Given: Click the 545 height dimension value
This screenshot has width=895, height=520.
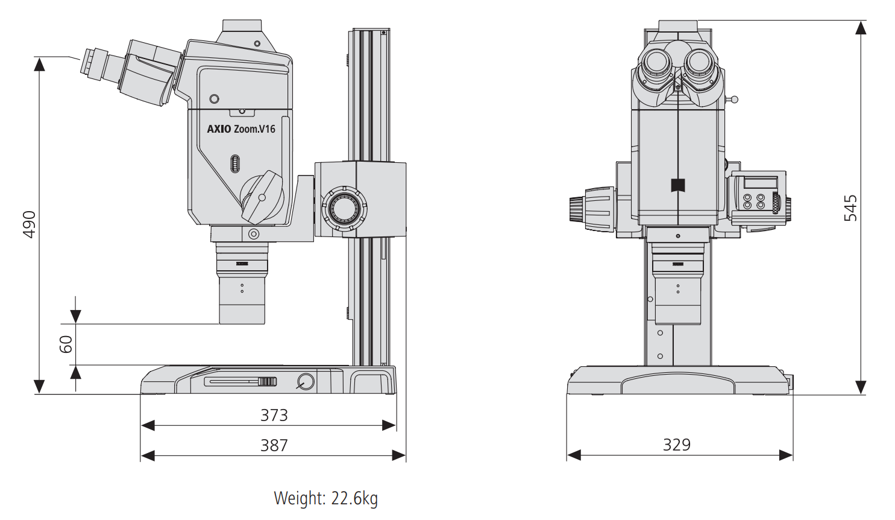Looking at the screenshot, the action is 850,208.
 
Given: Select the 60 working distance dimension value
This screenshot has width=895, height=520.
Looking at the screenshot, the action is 66,344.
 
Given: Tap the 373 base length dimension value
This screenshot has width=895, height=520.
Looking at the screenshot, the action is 274,415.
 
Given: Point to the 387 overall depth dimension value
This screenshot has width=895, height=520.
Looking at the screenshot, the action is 274,445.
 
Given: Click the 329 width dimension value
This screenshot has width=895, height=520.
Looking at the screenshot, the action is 677,445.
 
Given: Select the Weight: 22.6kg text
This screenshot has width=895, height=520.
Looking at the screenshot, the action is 325,498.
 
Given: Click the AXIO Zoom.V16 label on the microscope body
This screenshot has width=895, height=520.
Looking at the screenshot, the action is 241,129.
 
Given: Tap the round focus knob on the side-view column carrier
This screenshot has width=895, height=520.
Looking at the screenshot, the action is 345,208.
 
